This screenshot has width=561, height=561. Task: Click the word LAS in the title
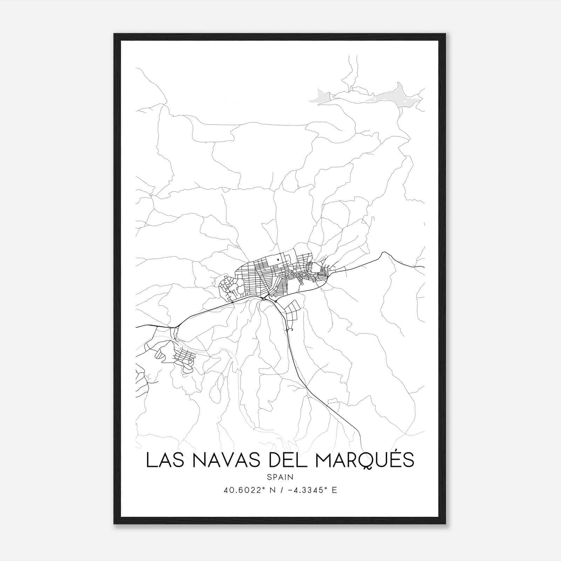point(161,460)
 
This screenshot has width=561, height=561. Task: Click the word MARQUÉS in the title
point(365,460)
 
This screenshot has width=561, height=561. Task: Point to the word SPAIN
point(280,477)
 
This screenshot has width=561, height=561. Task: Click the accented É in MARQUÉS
point(392,459)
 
